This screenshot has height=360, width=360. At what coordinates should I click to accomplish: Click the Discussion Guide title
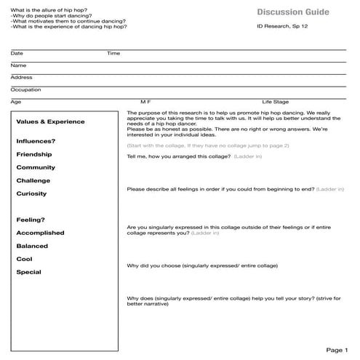pos(292,12)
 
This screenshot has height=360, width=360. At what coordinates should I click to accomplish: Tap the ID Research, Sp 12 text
pos(282,27)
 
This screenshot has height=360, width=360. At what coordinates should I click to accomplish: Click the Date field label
pos(17,53)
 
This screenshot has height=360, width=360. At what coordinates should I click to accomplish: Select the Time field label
pos(113,53)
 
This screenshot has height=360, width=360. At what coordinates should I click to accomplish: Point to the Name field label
pos(18,65)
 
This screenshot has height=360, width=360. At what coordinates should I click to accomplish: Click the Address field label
pos(21,77)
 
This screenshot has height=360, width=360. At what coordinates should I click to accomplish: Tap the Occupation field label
pos(25,89)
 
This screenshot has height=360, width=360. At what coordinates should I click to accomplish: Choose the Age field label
pos(16,102)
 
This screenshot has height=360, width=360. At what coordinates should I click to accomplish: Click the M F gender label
pos(145,102)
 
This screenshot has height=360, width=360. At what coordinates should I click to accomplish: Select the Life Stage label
pos(276,102)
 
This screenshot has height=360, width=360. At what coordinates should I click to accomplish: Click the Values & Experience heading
pos(50,122)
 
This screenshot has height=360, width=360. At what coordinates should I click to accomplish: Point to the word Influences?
pos(36,141)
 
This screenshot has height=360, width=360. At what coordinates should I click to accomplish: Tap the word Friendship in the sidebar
pos(34,154)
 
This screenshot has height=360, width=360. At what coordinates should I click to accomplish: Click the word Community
pos(36,167)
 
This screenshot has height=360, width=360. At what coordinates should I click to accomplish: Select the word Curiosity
pos(31,193)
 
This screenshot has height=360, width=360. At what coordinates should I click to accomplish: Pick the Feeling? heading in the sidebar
pos(31,220)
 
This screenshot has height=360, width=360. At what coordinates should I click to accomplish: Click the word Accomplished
pos(40,233)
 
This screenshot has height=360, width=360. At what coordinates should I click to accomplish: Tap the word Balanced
pos(32,246)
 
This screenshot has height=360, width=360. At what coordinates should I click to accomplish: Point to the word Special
pos(28,272)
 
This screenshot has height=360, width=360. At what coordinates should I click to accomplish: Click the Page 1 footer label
pos(337,350)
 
